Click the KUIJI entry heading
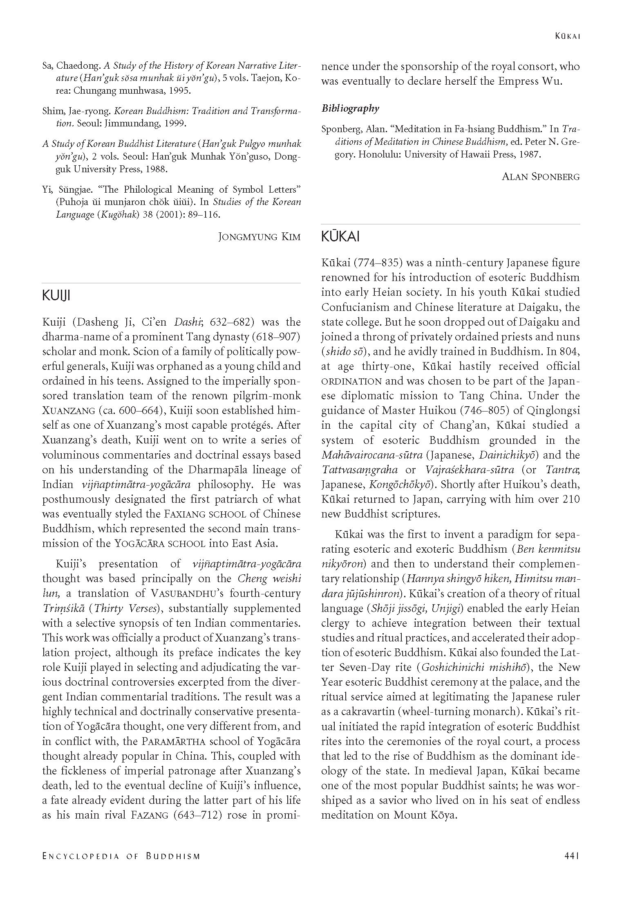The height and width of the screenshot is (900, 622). point(56,296)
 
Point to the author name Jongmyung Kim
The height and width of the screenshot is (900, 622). point(260,237)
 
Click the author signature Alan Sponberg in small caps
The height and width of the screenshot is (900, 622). point(540,177)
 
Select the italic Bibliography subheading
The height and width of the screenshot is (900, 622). point(350,108)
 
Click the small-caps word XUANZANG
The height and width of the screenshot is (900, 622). point(66,411)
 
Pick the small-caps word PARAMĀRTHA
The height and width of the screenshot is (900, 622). point(175,741)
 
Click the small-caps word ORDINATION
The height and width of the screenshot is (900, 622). point(351,381)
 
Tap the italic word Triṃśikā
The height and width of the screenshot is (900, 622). point(63,609)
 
